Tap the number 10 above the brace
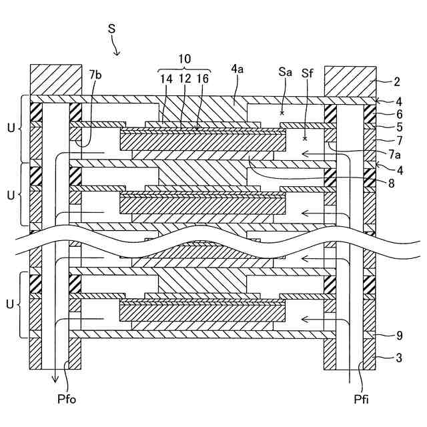185,59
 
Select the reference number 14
164,79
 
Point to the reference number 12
185,79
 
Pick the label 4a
237,69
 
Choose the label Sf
308,71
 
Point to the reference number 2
396,82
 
